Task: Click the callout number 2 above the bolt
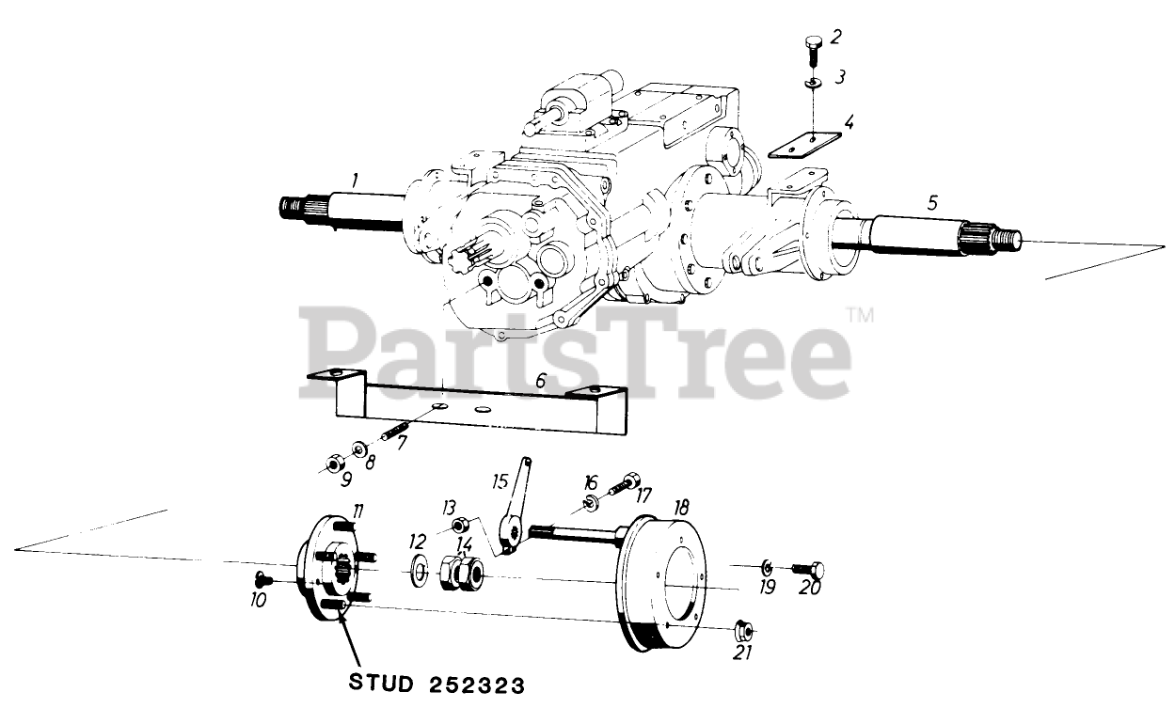coord(836,37)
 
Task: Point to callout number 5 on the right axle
coord(932,201)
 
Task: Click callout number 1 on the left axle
coord(355,178)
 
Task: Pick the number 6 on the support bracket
coord(540,381)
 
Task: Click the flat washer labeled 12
coord(418,571)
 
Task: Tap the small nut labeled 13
coord(460,525)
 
